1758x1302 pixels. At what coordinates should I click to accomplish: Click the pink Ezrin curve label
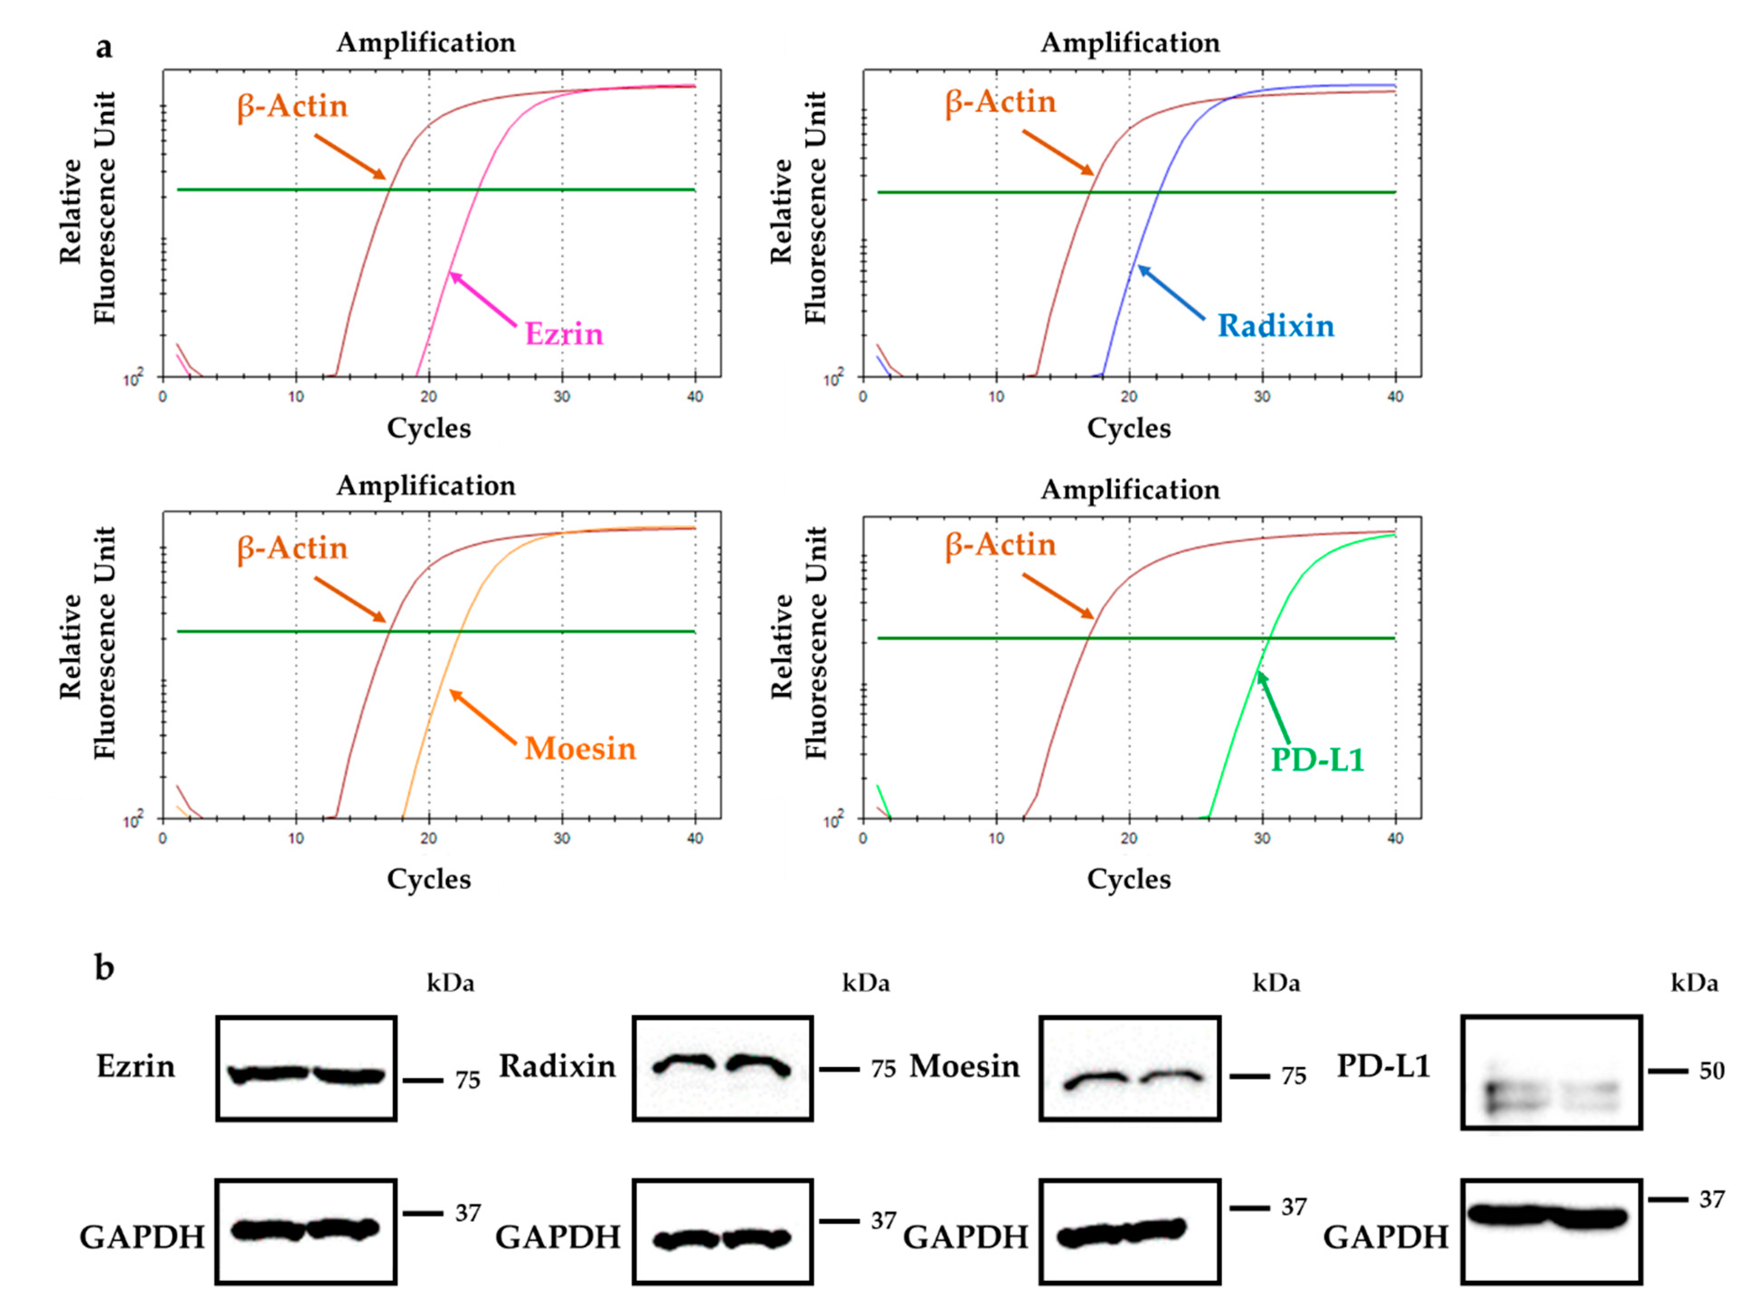click(x=564, y=334)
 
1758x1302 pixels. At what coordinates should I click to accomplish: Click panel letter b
click(x=104, y=967)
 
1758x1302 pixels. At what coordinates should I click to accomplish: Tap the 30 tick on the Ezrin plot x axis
click(x=561, y=396)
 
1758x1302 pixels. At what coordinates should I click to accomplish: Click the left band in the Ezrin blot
click(x=268, y=1073)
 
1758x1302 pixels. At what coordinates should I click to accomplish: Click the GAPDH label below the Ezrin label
click(x=142, y=1237)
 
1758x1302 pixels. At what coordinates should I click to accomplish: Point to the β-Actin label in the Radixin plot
click(x=1000, y=102)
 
